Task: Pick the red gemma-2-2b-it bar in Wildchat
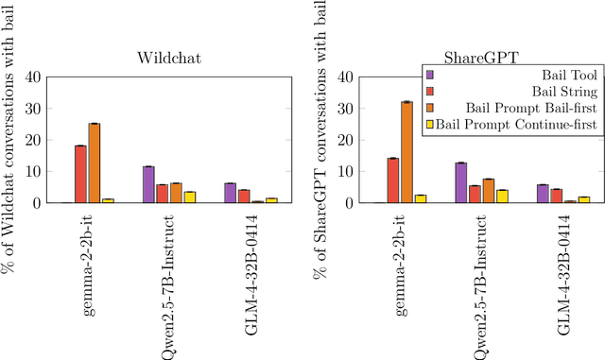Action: [x=80, y=162]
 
